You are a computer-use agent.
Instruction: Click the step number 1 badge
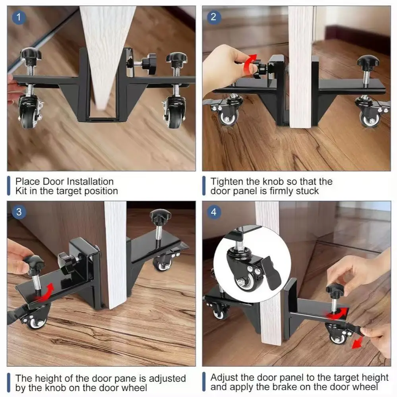pos(18,17)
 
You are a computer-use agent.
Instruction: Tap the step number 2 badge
pos(213,17)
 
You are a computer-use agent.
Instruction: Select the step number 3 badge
pos(18,212)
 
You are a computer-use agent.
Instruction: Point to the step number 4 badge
pos(213,212)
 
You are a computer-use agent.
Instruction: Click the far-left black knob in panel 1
pos(31,54)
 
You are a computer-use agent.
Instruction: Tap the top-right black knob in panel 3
pos(161,217)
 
